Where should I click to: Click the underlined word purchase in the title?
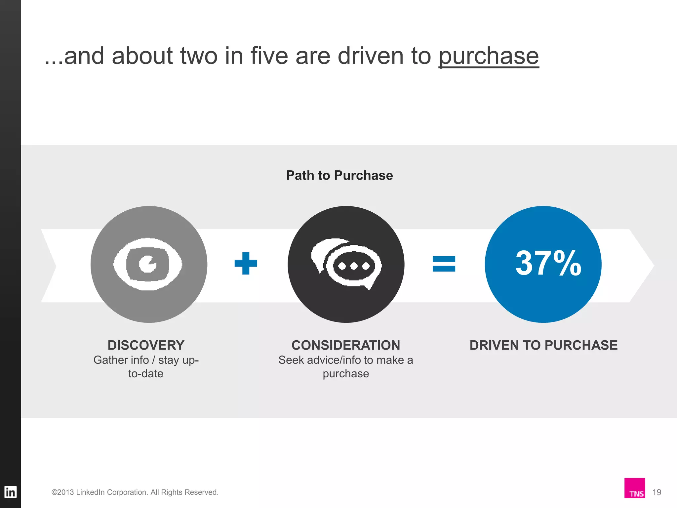489,56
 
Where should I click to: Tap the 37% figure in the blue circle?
548,263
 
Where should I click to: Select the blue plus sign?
246,263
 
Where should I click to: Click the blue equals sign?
444,264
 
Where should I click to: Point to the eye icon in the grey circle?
147,264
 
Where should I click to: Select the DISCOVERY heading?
146,345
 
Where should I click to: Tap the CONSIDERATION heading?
346,345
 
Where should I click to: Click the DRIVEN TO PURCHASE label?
543,345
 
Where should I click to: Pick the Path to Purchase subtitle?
339,175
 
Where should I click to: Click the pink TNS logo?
635,488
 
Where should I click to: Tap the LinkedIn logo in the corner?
10,492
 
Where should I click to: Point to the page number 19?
657,492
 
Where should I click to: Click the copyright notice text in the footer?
135,492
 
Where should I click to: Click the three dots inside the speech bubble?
354,266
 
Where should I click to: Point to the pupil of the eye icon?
147,264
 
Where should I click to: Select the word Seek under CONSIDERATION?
291,360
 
